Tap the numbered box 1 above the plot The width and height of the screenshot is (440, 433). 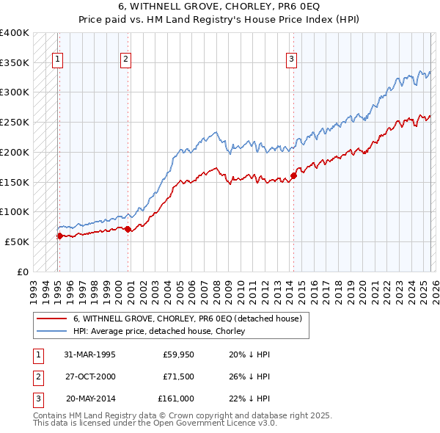tap(57, 60)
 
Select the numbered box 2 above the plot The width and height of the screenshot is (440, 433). tap(126, 60)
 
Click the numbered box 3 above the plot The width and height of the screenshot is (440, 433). tap(291, 60)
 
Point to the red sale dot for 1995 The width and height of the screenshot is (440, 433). tap(59, 236)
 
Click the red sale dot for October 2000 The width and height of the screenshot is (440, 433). tap(128, 229)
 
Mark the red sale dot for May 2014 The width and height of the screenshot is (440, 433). tap(293, 175)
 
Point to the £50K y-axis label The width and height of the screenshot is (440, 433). tap(17, 241)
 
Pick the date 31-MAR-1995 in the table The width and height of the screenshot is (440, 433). tap(89, 354)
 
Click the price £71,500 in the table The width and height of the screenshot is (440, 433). tap(177, 376)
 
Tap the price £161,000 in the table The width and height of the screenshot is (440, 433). tap(176, 399)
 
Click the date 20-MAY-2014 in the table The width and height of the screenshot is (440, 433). tap(91, 399)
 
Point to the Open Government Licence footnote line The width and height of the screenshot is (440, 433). tap(155, 423)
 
